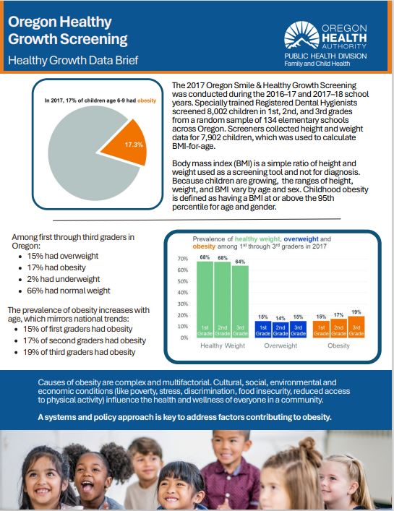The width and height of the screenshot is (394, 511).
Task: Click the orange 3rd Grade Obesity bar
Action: coord(356,326)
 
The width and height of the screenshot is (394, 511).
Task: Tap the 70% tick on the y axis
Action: coord(183,259)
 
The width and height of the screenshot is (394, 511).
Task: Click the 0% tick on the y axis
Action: coord(184,338)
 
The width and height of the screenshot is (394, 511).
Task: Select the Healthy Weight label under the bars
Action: coord(223,346)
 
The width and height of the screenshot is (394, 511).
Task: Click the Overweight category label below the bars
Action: coord(280,346)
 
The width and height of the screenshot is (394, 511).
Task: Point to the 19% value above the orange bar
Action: coord(356,312)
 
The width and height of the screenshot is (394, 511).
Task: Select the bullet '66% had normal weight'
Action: coord(69,291)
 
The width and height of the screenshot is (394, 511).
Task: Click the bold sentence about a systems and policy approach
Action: coord(195,418)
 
